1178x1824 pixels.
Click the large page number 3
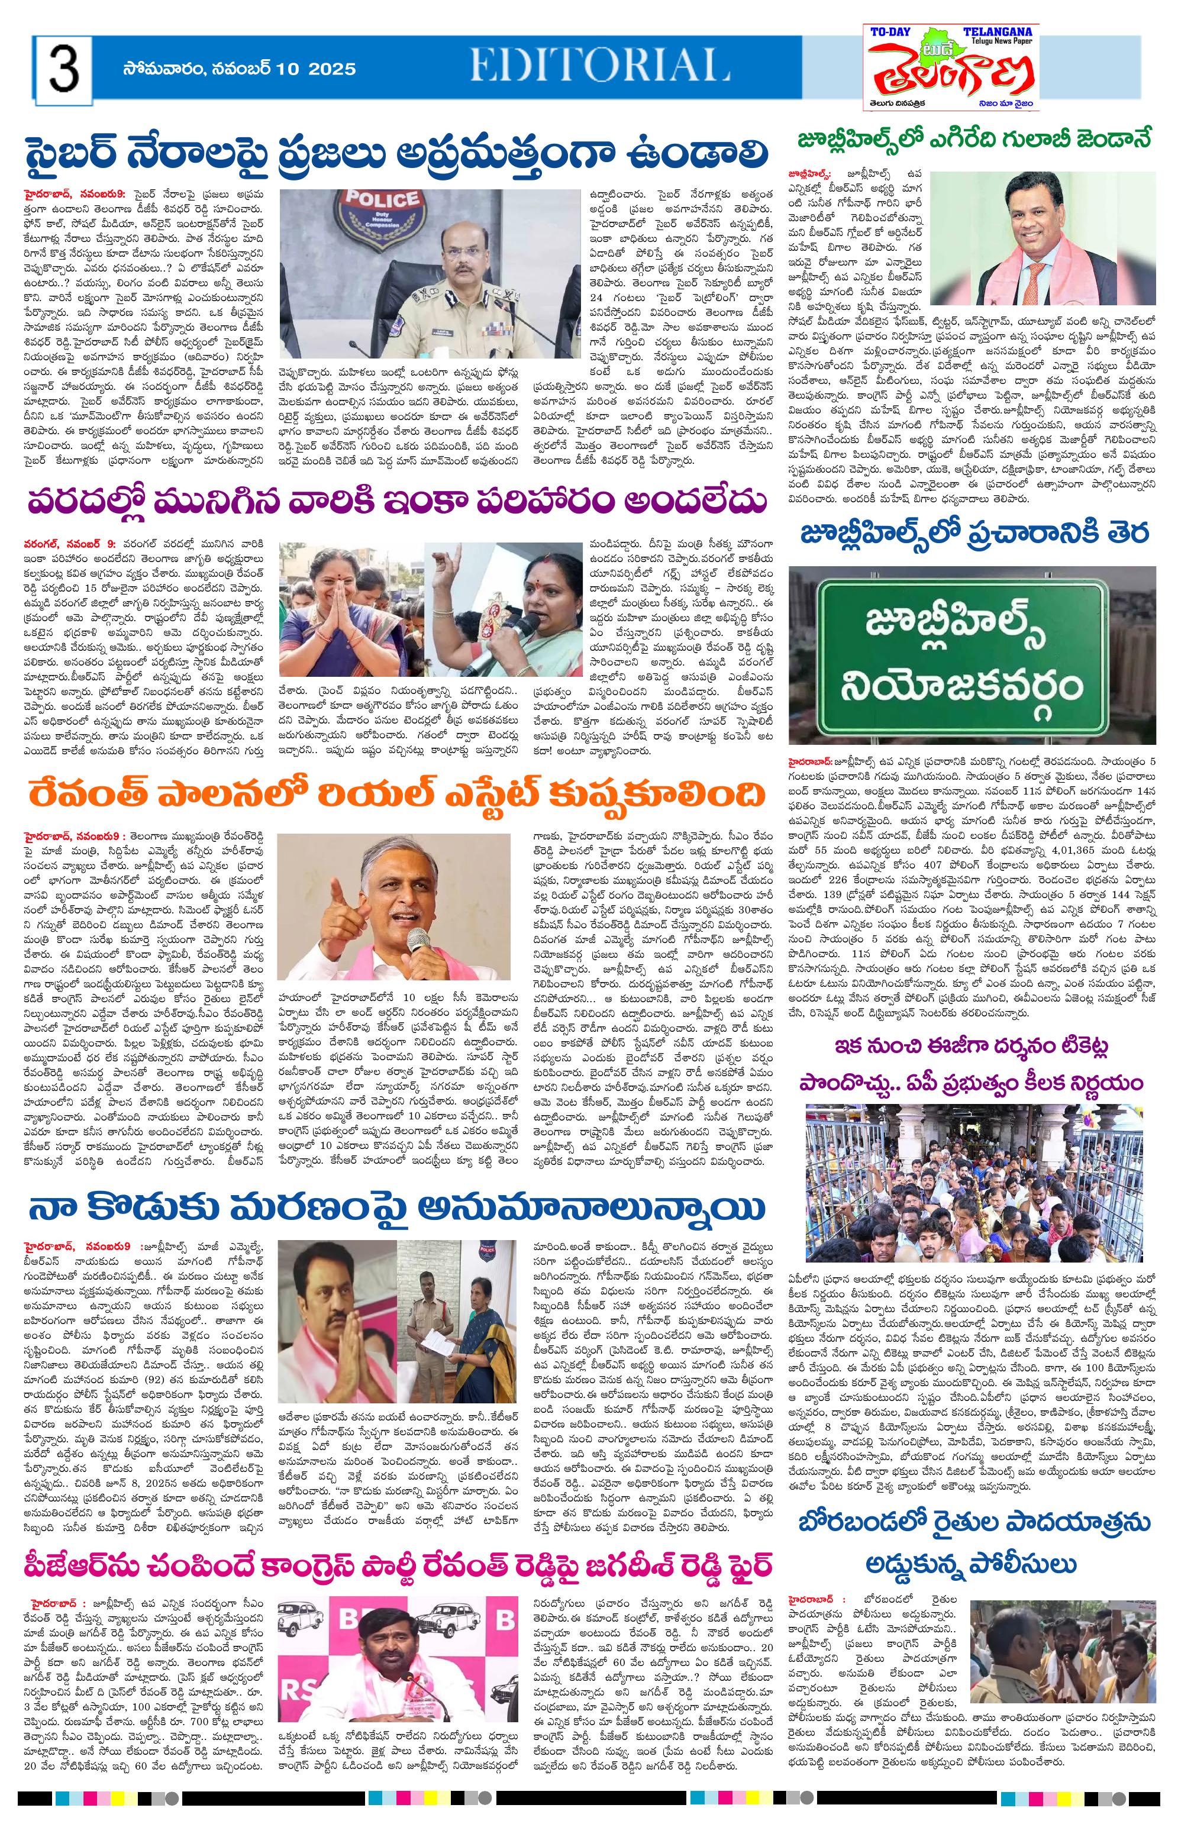[63, 69]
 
